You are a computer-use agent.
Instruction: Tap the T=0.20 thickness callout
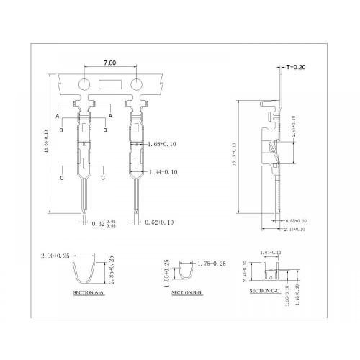297,68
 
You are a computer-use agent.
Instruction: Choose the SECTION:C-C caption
266,290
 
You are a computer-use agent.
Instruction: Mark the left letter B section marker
62,130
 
